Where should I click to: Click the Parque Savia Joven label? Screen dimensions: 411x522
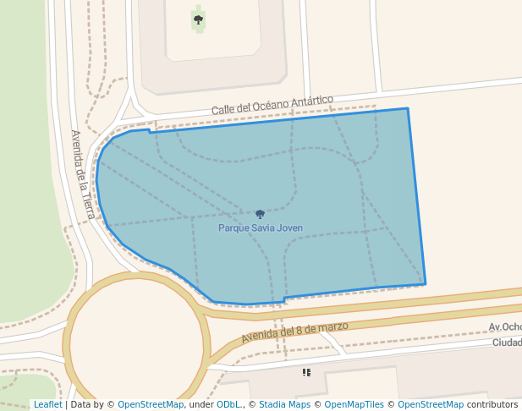(x=261, y=228)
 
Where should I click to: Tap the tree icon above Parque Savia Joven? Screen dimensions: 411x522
(x=260, y=214)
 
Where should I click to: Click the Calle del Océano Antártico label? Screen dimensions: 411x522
(x=272, y=105)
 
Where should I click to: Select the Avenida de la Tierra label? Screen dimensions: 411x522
(x=82, y=174)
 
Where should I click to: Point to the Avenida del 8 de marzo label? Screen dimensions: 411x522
(x=294, y=331)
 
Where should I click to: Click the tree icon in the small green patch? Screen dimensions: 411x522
(x=198, y=19)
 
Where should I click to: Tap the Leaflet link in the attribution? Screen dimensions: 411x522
(x=47, y=405)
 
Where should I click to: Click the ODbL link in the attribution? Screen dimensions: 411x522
(x=228, y=405)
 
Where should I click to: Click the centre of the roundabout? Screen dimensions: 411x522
(x=136, y=342)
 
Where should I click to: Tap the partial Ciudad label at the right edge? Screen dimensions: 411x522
(x=507, y=342)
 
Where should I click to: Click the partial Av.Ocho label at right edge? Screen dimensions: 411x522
(x=505, y=327)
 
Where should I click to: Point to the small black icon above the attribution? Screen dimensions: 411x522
(x=306, y=372)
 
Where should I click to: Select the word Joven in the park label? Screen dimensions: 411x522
(x=288, y=228)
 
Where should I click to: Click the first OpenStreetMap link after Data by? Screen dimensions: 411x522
(x=151, y=405)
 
